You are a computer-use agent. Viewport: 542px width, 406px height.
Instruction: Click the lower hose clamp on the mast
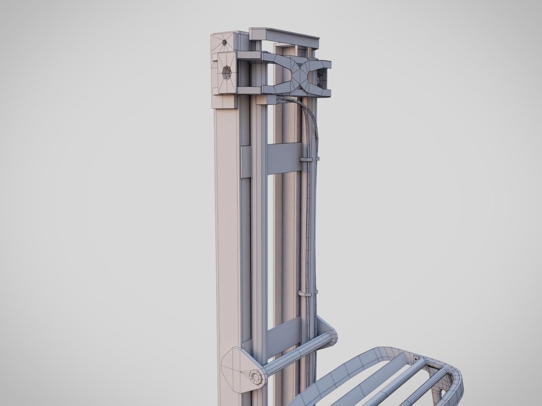[307, 292]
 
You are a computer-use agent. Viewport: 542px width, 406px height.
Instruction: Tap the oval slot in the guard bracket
[443, 393]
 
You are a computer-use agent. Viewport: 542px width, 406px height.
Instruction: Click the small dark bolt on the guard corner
[416, 358]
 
